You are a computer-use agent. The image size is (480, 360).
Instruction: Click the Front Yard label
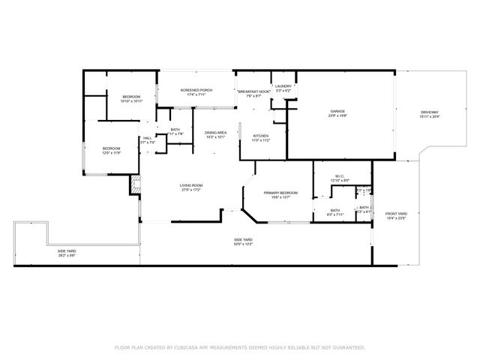395,216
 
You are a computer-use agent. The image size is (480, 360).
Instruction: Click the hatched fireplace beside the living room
135,184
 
